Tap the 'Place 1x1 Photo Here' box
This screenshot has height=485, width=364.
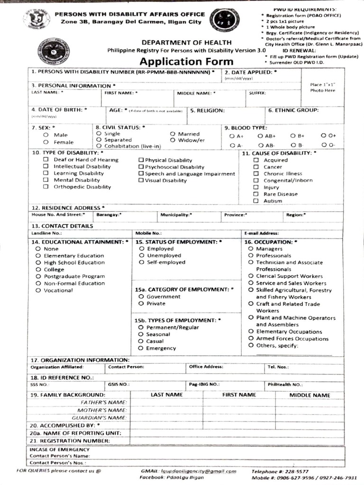tap(323, 88)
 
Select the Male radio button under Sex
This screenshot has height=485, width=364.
tap(46, 135)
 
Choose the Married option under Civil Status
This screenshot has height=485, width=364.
tap(173, 134)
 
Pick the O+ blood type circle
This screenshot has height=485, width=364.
tap(324, 136)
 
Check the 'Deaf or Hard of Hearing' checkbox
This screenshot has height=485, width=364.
tap(46, 160)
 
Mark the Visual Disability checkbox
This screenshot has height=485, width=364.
tap(141, 180)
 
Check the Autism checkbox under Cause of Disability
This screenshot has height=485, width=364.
tap(255, 201)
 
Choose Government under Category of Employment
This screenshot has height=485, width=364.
tap(141, 296)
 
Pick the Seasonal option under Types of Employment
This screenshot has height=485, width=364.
tap(141, 334)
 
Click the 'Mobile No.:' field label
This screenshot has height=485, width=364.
tap(148, 234)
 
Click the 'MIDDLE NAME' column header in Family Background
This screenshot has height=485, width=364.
tap(309, 395)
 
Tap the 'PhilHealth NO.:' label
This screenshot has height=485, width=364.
tap(284, 385)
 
